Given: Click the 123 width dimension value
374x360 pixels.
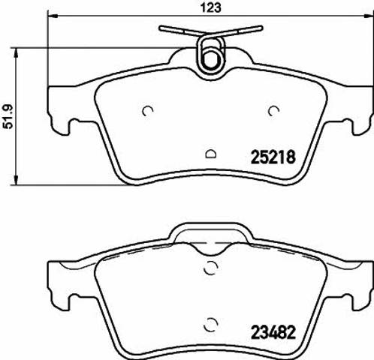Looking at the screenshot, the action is (x=211, y=7).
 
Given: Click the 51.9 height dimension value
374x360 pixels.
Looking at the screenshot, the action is (x=8, y=117).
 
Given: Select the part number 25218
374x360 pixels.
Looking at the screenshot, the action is (x=273, y=157).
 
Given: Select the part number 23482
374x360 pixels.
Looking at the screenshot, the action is (x=273, y=332).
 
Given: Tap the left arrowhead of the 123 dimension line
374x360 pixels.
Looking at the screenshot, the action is (x=53, y=16).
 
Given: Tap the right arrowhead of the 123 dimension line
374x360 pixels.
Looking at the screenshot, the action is (x=368, y=16).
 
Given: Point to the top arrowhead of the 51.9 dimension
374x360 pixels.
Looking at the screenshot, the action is (x=17, y=53).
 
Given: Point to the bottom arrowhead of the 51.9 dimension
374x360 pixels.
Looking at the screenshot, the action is (x=17, y=180).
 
